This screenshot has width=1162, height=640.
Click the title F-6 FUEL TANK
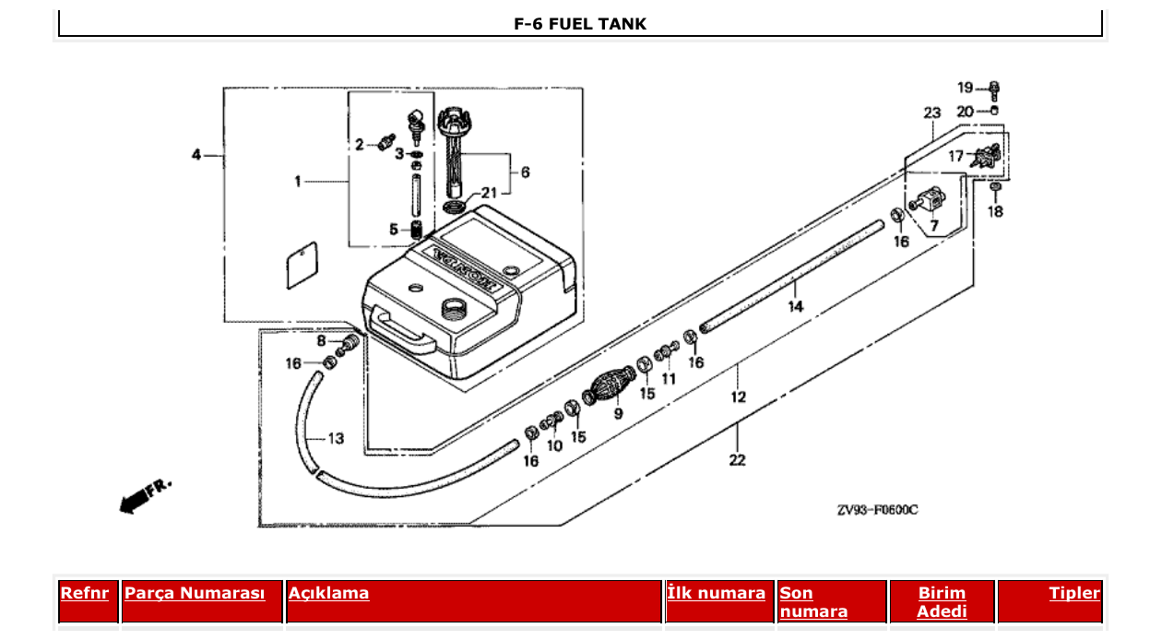(580, 24)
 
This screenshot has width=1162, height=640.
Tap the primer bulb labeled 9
(610, 385)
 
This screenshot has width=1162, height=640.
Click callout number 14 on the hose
(795, 306)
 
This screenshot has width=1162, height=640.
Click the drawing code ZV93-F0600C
(877, 509)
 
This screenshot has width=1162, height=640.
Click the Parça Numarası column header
(195, 593)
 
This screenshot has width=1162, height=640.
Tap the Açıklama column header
(328, 593)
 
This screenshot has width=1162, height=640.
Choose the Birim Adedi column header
(942, 601)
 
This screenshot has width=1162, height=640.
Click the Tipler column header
(1073, 593)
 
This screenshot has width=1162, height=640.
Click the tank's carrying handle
(403, 331)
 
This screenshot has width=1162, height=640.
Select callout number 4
(196, 155)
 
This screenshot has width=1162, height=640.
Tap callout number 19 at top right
(965, 88)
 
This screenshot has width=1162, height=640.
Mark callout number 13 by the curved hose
(336, 438)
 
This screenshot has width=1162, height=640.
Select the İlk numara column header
(716, 593)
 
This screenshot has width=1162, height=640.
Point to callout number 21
(488, 193)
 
